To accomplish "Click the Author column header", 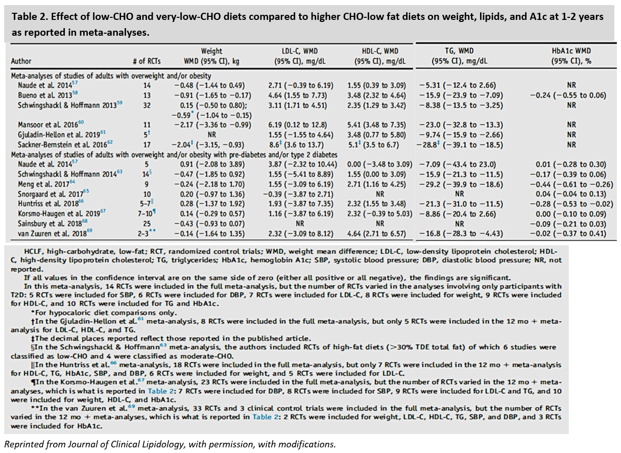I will coord(21,61).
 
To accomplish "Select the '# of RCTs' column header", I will coord(147,61).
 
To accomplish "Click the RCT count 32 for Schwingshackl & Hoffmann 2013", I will coord(147,105).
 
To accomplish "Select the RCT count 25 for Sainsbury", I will coord(147,224).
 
